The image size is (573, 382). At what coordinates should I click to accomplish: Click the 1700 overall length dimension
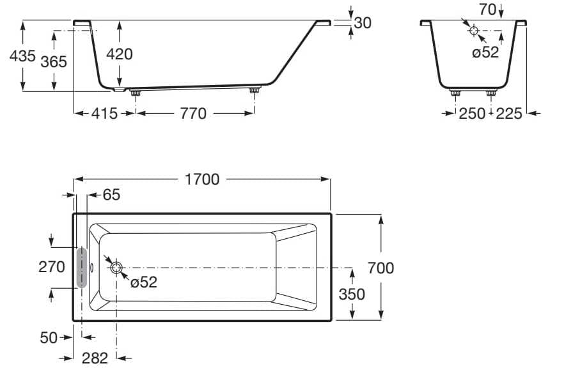coord(201,180)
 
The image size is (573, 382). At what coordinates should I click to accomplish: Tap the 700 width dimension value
coord(381,268)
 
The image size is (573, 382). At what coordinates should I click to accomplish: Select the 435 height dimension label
coord(22,56)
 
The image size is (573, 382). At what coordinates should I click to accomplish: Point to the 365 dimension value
coord(54,62)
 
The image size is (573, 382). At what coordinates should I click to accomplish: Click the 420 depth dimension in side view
coord(119,54)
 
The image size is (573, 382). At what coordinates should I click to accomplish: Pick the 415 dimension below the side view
coord(104,114)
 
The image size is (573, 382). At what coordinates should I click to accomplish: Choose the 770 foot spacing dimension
coord(193,114)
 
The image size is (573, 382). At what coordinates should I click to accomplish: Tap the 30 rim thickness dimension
coord(363,23)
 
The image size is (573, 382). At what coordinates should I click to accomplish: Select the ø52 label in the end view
coord(485,52)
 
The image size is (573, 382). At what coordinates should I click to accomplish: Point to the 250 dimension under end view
coord(472,114)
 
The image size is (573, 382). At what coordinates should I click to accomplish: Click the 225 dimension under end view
coord(509,114)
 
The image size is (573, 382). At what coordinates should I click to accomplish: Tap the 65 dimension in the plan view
coord(111,195)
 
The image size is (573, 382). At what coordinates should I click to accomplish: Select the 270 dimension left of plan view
coord(52,266)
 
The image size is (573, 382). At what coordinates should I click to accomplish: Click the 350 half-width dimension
coord(352,294)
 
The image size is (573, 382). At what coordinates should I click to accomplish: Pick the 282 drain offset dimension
coord(95,359)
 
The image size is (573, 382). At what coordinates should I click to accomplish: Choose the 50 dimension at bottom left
coord(49,337)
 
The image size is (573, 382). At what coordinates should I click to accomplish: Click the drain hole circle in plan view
coord(116,268)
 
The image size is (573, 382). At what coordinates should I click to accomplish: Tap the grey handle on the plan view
coord(81,268)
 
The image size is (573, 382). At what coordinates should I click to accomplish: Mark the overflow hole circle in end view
coord(473,31)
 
